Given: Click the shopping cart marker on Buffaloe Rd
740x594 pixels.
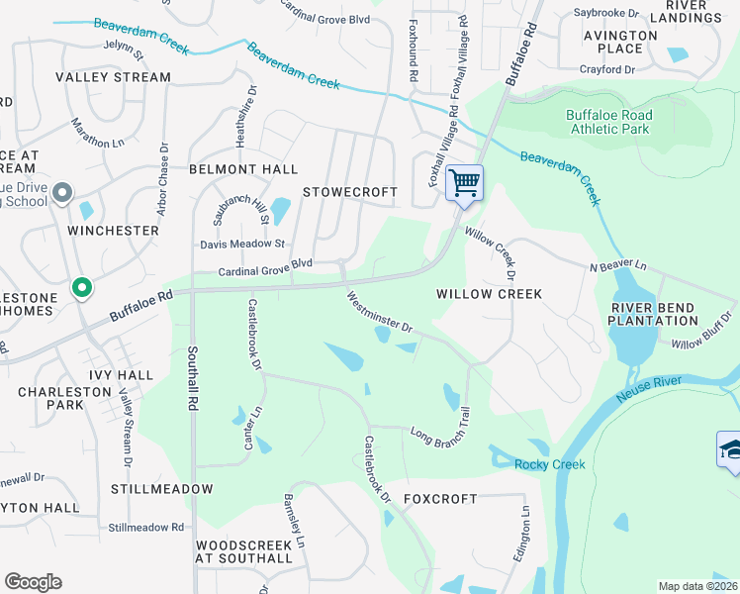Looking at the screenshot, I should point(464,182).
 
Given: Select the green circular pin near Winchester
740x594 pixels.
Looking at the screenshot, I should point(82,288).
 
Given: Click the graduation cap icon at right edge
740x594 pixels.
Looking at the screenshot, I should point(730,448).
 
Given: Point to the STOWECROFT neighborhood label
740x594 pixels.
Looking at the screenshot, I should point(349,192).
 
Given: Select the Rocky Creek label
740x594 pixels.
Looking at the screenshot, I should point(549,464).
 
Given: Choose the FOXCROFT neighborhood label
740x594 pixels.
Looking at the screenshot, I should point(441,499).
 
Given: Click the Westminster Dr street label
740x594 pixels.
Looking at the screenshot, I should point(378,311).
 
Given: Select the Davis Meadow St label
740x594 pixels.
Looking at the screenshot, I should point(242,244).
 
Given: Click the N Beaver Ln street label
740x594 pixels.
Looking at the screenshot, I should point(617,267).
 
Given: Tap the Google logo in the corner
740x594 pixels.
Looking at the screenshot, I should point(33,582).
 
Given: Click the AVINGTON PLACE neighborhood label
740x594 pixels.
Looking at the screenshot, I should point(619,42).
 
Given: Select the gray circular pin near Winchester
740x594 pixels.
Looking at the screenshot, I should point(62,192).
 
